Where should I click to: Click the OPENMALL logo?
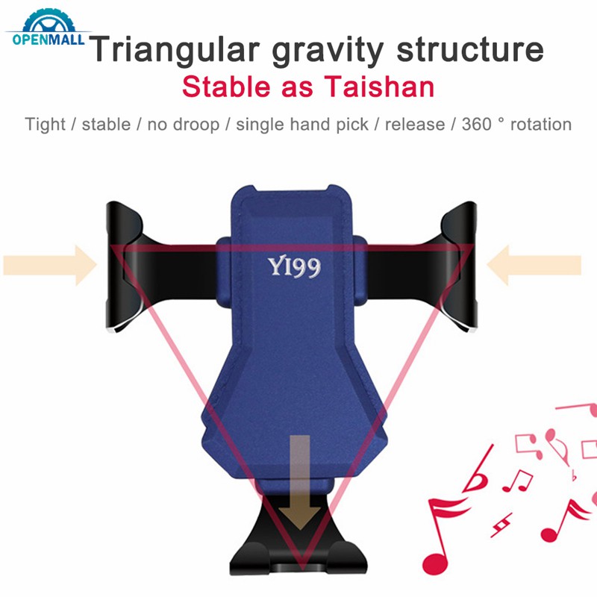(46, 33)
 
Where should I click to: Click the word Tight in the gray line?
(46, 124)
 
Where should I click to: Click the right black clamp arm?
(457, 269)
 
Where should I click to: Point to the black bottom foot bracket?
(298, 556)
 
